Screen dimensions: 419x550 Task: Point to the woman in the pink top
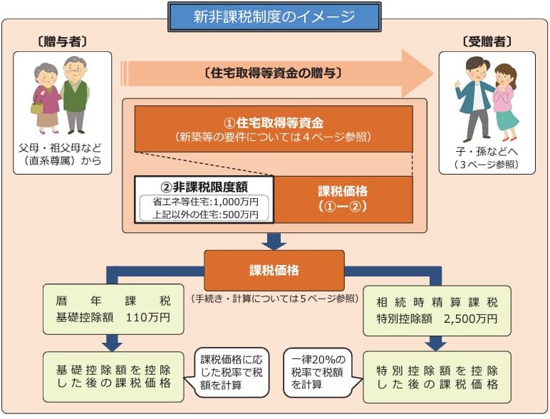click(505, 100)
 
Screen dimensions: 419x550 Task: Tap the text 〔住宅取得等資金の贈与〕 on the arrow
click(274, 73)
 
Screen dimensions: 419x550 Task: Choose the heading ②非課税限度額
click(204, 187)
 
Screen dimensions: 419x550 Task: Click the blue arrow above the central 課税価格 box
click(274, 241)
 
